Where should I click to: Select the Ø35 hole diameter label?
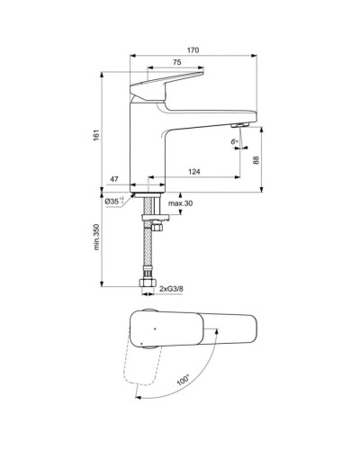[x=114, y=202]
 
